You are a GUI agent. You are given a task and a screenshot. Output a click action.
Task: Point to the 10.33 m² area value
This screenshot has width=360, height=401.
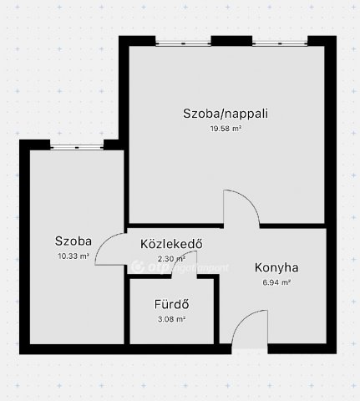click(x=74, y=256)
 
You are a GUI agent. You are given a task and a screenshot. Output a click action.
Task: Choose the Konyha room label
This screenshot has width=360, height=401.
click(x=276, y=268)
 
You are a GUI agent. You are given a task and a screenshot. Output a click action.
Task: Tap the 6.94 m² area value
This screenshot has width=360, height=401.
click(x=276, y=283)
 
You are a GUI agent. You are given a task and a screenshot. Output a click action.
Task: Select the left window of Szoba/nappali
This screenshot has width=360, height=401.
click(x=184, y=42)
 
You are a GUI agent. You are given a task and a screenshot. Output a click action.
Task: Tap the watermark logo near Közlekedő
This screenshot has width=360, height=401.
click(x=138, y=267)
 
